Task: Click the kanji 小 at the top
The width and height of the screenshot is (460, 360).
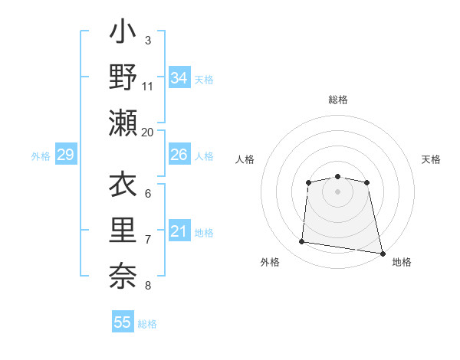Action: (123, 34)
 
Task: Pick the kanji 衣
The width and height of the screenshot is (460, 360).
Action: (123, 185)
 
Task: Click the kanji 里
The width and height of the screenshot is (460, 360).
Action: (123, 231)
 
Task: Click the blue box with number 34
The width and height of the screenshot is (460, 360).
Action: (179, 78)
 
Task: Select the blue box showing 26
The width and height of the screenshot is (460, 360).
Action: (179, 155)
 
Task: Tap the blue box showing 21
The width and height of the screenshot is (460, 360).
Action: (179, 231)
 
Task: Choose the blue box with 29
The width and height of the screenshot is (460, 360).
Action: (65, 155)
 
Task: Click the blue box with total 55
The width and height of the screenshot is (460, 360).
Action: (123, 322)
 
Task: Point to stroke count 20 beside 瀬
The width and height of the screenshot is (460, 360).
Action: (148, 132)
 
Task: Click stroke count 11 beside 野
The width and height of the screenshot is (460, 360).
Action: (148, 86)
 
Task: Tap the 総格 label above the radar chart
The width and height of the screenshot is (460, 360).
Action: (338, 100)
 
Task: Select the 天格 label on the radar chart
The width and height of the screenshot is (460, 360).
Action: (431, 159)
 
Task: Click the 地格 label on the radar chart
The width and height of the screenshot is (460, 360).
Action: (402, 262)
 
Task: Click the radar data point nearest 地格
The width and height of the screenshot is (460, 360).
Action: (382, 253)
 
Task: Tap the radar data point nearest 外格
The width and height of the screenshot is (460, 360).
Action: (302, 242)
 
